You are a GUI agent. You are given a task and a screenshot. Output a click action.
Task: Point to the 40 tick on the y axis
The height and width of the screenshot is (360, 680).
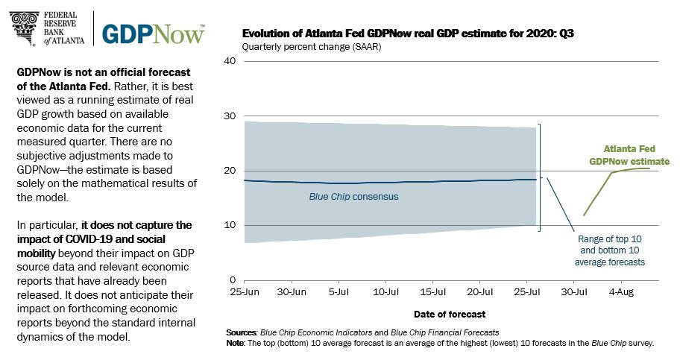(231, 61)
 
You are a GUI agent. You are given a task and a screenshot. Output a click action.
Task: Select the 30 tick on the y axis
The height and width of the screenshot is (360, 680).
(231, 116)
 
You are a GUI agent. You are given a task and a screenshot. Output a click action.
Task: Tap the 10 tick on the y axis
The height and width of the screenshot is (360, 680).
(231, 225)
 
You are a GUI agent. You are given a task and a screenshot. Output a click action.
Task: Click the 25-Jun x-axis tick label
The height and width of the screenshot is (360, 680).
(245, 291)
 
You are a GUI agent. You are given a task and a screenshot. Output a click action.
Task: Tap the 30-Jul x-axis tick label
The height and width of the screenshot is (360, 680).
(585, 291)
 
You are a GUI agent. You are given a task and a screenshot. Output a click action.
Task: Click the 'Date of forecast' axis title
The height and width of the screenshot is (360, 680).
(450, 314)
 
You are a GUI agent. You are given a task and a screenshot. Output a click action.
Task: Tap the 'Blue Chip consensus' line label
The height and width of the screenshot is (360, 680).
(353, 197)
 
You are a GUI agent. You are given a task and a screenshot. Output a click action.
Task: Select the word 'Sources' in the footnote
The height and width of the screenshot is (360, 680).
(242, 331)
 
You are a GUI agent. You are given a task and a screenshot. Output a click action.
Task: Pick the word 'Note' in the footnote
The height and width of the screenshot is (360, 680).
(236, 343)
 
